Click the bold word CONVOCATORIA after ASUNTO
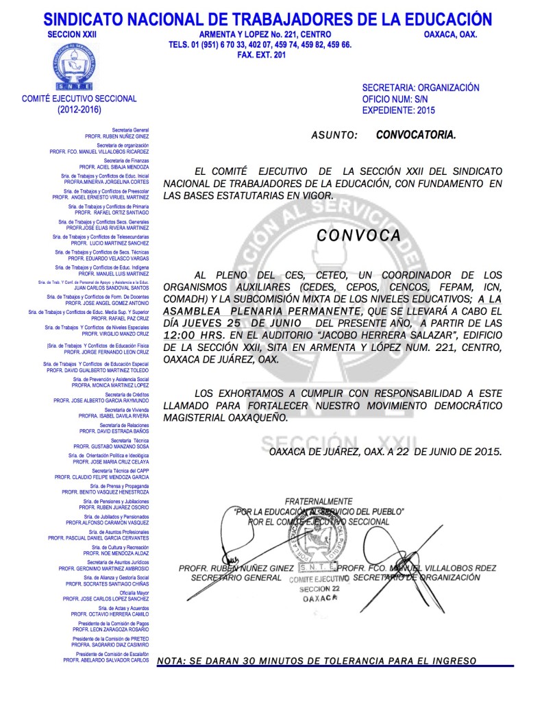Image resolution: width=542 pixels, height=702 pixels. coord(415,135)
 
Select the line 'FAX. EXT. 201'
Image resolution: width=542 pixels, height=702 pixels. coord(260,55)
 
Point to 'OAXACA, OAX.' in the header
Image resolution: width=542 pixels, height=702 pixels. coord(450,34)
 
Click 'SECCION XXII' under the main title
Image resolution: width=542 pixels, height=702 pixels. coord(69,34)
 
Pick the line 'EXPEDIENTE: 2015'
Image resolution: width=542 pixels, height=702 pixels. coord(398,110)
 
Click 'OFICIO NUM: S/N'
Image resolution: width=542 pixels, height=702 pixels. coord(395,99)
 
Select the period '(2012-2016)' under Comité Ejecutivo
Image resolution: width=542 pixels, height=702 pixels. coord(79,109)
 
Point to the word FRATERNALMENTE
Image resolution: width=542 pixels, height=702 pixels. coord(319,502)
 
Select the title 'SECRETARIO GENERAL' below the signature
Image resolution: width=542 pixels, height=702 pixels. coord(236,578)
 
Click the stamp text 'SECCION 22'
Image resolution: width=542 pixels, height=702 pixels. coord(319,589)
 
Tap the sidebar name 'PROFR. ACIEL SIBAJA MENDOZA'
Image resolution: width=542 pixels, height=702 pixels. coord(114,167)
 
